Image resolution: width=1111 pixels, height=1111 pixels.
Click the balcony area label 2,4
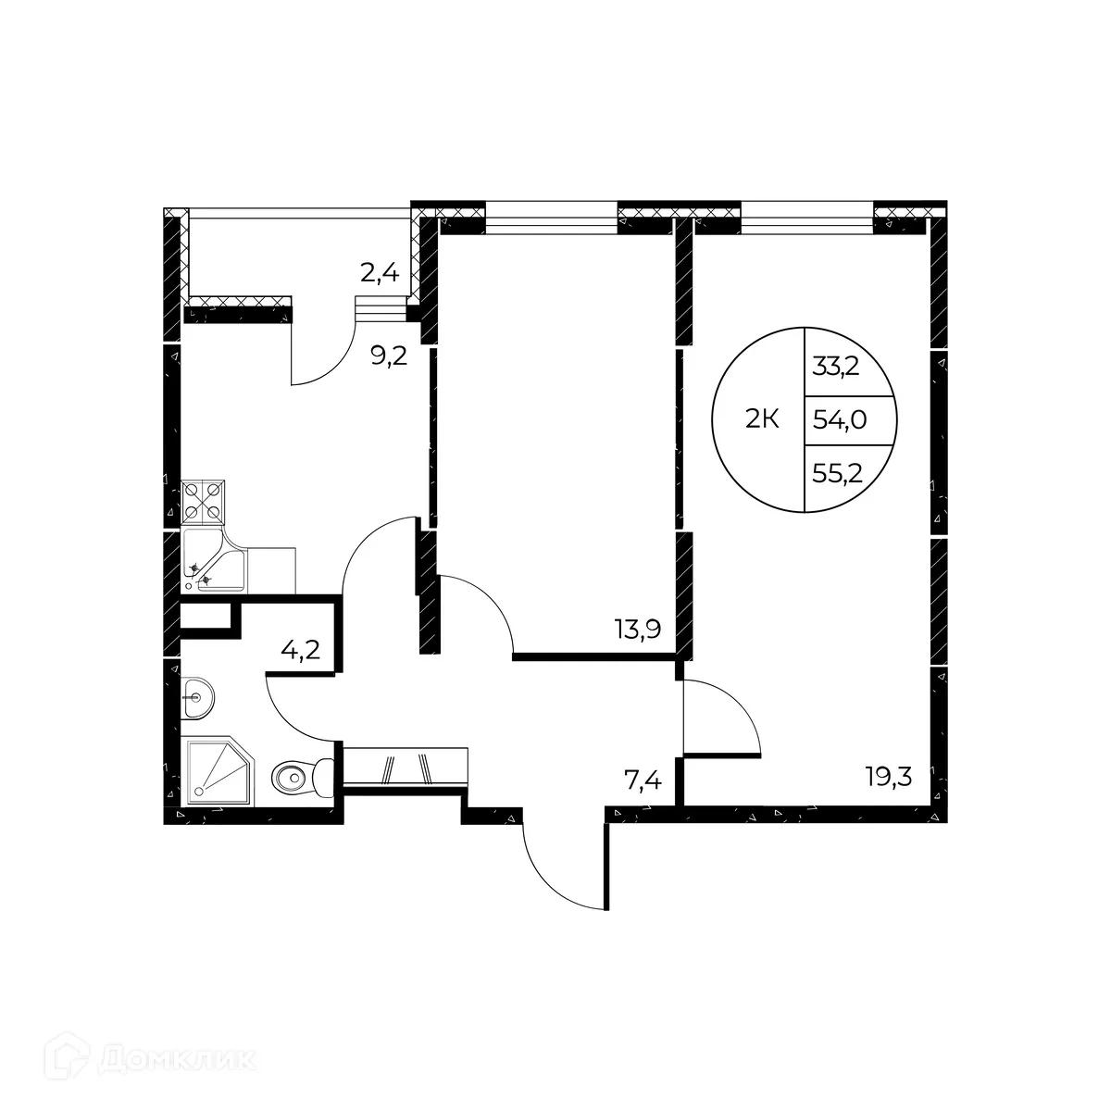(379, 272)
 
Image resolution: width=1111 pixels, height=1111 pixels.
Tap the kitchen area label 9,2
(389, 356)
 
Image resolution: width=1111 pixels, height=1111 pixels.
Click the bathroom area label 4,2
(300, 646)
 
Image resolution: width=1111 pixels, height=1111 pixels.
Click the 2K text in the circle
(762, 420)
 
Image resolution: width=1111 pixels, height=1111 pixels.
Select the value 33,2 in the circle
(837, 366)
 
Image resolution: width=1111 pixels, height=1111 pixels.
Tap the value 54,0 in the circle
(839, 420)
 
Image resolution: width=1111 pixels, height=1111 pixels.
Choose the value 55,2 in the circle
(837, 475)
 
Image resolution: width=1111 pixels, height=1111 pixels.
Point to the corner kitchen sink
(214, 561)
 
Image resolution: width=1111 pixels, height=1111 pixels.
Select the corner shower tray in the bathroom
(221, 769)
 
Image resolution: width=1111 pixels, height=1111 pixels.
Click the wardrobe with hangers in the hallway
(406, 768)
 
